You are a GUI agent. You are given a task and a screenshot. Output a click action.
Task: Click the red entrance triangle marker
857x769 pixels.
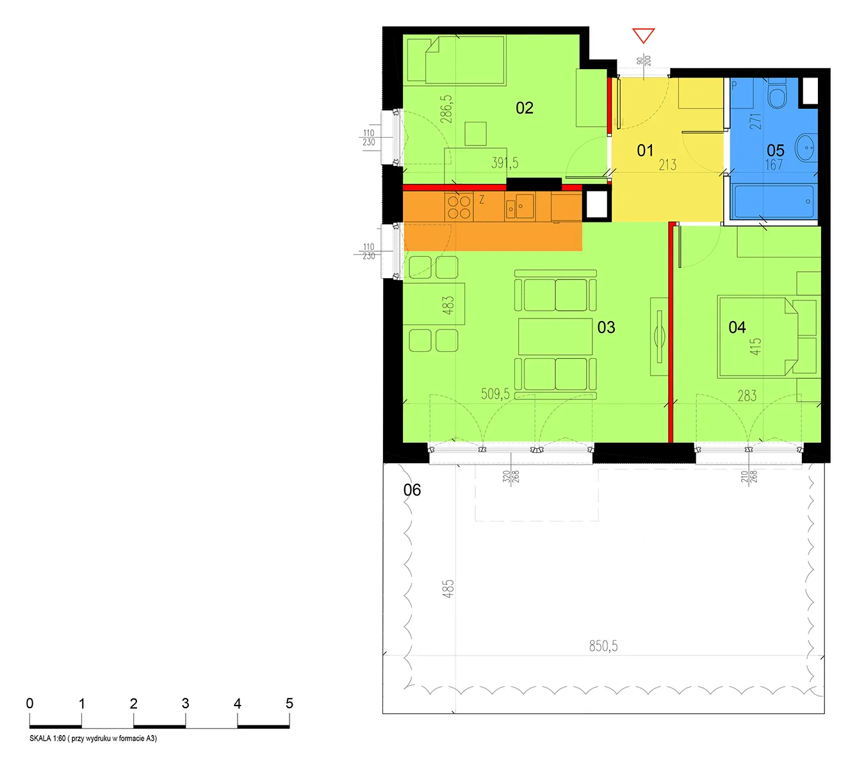pyautogui.click(x=643, y=35)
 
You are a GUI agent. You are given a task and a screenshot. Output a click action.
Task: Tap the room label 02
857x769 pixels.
pyautogui.click(x=524, y=108)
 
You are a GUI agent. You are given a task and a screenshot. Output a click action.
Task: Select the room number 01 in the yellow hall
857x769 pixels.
pyautogui.click(x=645, y=150)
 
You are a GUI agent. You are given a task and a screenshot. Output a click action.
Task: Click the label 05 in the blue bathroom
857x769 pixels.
pyautogui.click(x=776, y=150)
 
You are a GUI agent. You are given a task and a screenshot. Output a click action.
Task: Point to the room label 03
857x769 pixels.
pyautogui.click(x=606, y=327)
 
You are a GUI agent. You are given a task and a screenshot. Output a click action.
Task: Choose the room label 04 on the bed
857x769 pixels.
pyautogui.click(x=737, y=327)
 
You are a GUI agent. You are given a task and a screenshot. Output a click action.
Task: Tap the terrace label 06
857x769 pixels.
pyautogui.click(x=412, y=490)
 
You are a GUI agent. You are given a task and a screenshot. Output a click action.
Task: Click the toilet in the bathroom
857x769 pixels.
pyautogui.click(x=777, y=94)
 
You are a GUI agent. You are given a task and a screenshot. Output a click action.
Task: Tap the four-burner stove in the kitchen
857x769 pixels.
pyautogui.click(x=459, y=206)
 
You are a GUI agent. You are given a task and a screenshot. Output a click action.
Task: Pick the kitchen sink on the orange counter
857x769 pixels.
pyautogui.click(x=520, y=206)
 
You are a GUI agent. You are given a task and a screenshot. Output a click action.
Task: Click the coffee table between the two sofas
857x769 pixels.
pyautogui.click(x=555, y=336)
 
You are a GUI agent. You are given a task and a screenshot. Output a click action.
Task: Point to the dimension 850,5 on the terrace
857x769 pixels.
pyautogui.click(x=603, y=646)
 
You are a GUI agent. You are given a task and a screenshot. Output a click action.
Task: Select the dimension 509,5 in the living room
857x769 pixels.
pyautogui.click(x=495, y=394)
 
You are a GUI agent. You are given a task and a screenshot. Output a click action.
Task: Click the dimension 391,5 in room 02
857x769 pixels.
pyautogui.click(x=505, y=163)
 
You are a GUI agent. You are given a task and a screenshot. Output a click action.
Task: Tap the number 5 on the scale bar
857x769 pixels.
pyautogui.click(x=290, y=703)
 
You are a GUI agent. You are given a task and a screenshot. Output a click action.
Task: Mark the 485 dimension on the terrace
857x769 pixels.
pyautogui.click(x=448, y=588)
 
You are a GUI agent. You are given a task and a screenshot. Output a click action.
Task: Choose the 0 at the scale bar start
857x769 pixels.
pyautogui.click(x=29, y=703)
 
